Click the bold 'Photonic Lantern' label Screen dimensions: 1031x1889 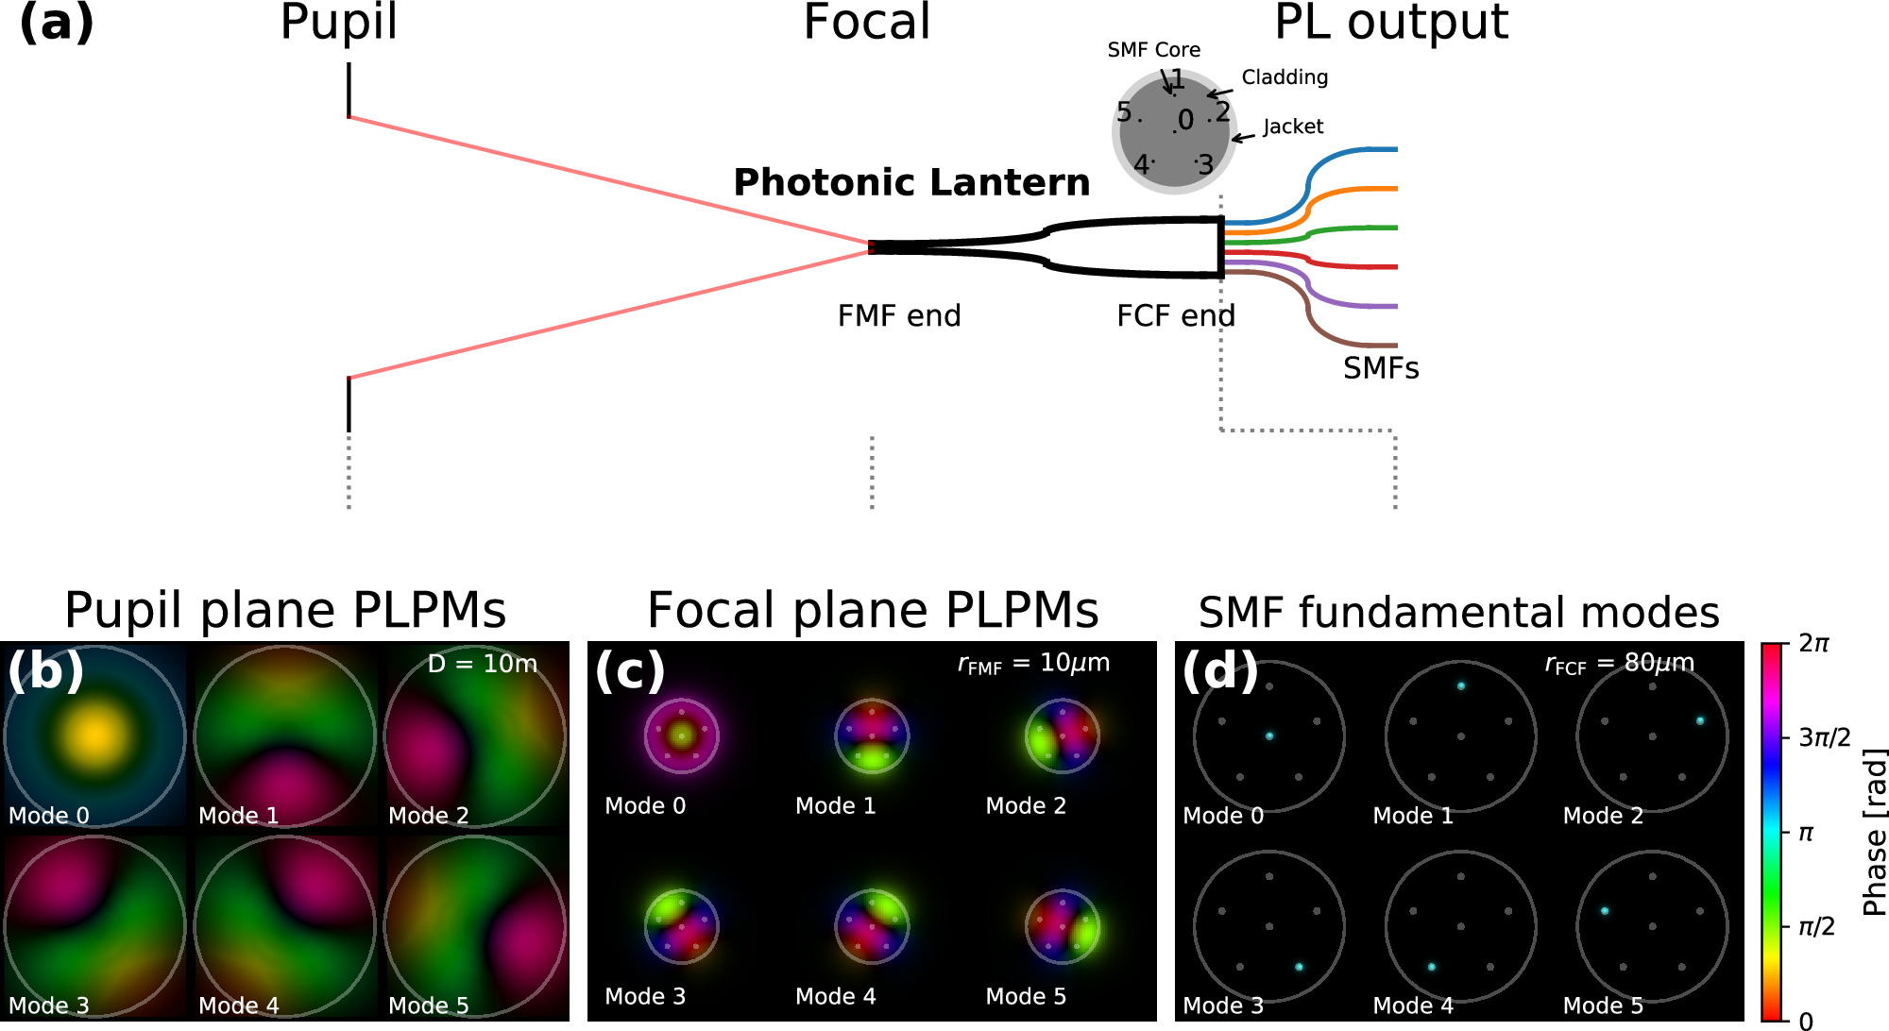pos(911,182)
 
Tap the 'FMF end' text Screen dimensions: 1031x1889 pos(898,315)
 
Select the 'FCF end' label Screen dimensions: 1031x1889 pos(1175,315)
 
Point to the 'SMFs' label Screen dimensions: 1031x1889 pos(1380,368)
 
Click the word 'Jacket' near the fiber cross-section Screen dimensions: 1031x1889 pos(1292,127)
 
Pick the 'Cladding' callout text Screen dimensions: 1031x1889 pos(1284,77)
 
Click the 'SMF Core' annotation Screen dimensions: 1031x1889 pos(1153,50)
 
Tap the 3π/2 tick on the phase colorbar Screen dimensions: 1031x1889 pos(1824,737)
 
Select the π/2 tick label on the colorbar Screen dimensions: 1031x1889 pos(1815,927)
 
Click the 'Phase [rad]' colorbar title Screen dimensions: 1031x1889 pos(1874,832)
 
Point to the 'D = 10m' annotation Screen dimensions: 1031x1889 pos(482,664)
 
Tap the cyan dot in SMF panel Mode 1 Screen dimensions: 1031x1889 pos(1460,686)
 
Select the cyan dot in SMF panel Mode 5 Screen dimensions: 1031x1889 pos(1604,911)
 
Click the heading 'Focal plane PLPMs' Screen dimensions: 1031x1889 pos(872,611)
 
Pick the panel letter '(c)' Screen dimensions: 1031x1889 pos(629,670)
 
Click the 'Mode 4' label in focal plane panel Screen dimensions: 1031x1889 pos(835,996)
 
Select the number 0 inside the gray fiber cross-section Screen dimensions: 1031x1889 pos(1185,120)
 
